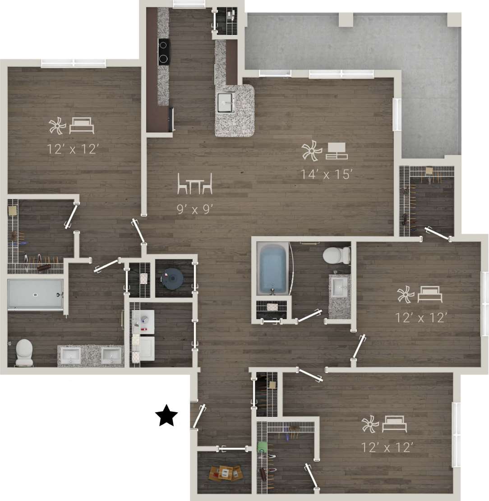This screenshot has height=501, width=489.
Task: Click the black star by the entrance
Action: tap(166, 416)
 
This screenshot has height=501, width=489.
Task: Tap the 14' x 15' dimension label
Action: tap(326, 175)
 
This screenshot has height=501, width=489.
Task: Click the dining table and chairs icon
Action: tap(194, 184)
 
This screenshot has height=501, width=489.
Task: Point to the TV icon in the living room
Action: tap(337, 151)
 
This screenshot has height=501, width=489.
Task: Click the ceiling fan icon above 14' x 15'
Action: tap(311, 152)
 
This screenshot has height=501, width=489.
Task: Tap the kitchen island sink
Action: tap(227, 103)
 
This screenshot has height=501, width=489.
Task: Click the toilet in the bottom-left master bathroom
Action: tap(24, 352)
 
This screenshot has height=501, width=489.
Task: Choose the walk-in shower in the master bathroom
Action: tap(35, 294)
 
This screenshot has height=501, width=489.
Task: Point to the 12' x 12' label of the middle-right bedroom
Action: tap(421, 318)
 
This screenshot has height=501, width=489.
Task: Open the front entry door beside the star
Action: tap(198, 416)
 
